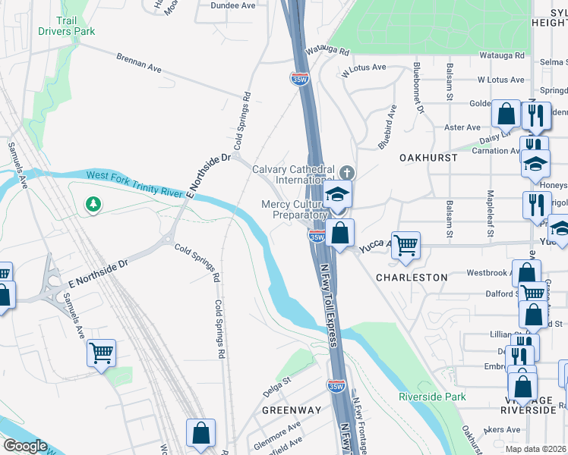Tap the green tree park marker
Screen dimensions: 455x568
point(93,204)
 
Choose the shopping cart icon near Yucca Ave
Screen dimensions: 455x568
point(406,246)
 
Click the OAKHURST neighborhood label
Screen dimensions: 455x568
point(428,158)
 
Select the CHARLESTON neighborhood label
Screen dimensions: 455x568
point(412,278)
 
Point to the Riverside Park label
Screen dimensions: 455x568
point(432,397)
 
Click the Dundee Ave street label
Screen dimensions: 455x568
point(233,5)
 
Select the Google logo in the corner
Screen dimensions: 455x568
point(24,446)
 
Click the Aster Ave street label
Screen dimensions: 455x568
point(462,127)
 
